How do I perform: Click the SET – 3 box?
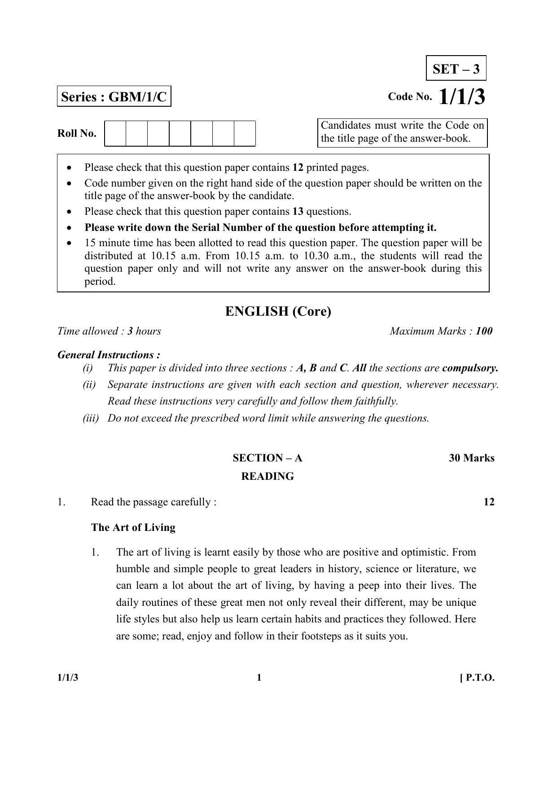456,69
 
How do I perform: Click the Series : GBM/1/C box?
114,97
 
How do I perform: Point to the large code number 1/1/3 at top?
461,96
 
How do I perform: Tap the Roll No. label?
77,133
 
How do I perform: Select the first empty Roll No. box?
115,133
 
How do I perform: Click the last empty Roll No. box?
245,133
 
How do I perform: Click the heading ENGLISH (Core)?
278,311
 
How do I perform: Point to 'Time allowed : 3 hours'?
109,331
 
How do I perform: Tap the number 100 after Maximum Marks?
484,331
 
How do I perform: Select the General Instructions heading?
109,355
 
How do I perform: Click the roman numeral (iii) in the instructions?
90,418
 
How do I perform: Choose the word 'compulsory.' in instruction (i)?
470,368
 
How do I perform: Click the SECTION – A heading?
267,458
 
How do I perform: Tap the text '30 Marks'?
471,458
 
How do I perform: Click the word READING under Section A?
268,476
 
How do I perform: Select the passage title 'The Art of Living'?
133,527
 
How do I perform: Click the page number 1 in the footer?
259,678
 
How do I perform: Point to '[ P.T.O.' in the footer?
477,678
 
